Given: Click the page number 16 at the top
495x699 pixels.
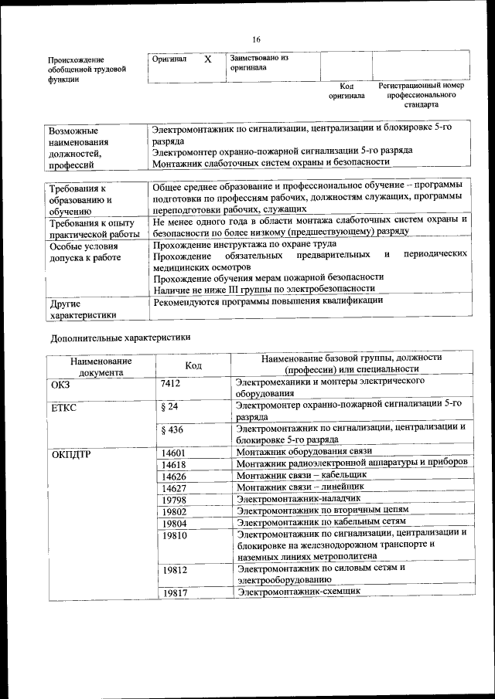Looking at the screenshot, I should click(x=256, y=40).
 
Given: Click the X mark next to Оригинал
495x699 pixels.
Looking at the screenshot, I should click(x=207, y=59).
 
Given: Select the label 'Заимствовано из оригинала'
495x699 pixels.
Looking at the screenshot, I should click(x=259, y=63).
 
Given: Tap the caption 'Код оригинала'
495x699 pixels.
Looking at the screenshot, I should click(x=346, y=91).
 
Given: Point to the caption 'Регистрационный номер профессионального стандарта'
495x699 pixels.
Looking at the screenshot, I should click(x=421, y=94).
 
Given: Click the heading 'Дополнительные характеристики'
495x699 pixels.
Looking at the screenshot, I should click(x=120, y=338).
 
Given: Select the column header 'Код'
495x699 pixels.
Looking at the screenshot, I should click(x=193, y=365).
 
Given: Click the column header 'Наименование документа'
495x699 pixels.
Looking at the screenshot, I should click(x=101, y=365).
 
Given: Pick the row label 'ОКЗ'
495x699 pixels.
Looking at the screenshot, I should click(x=60, y=384).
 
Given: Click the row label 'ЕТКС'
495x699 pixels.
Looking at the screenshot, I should click(x=63, y=407).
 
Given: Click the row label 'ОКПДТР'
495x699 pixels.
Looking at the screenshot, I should click(x=71, y=453).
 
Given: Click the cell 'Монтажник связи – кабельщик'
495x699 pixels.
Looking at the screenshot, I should click(x=302, y=475).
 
